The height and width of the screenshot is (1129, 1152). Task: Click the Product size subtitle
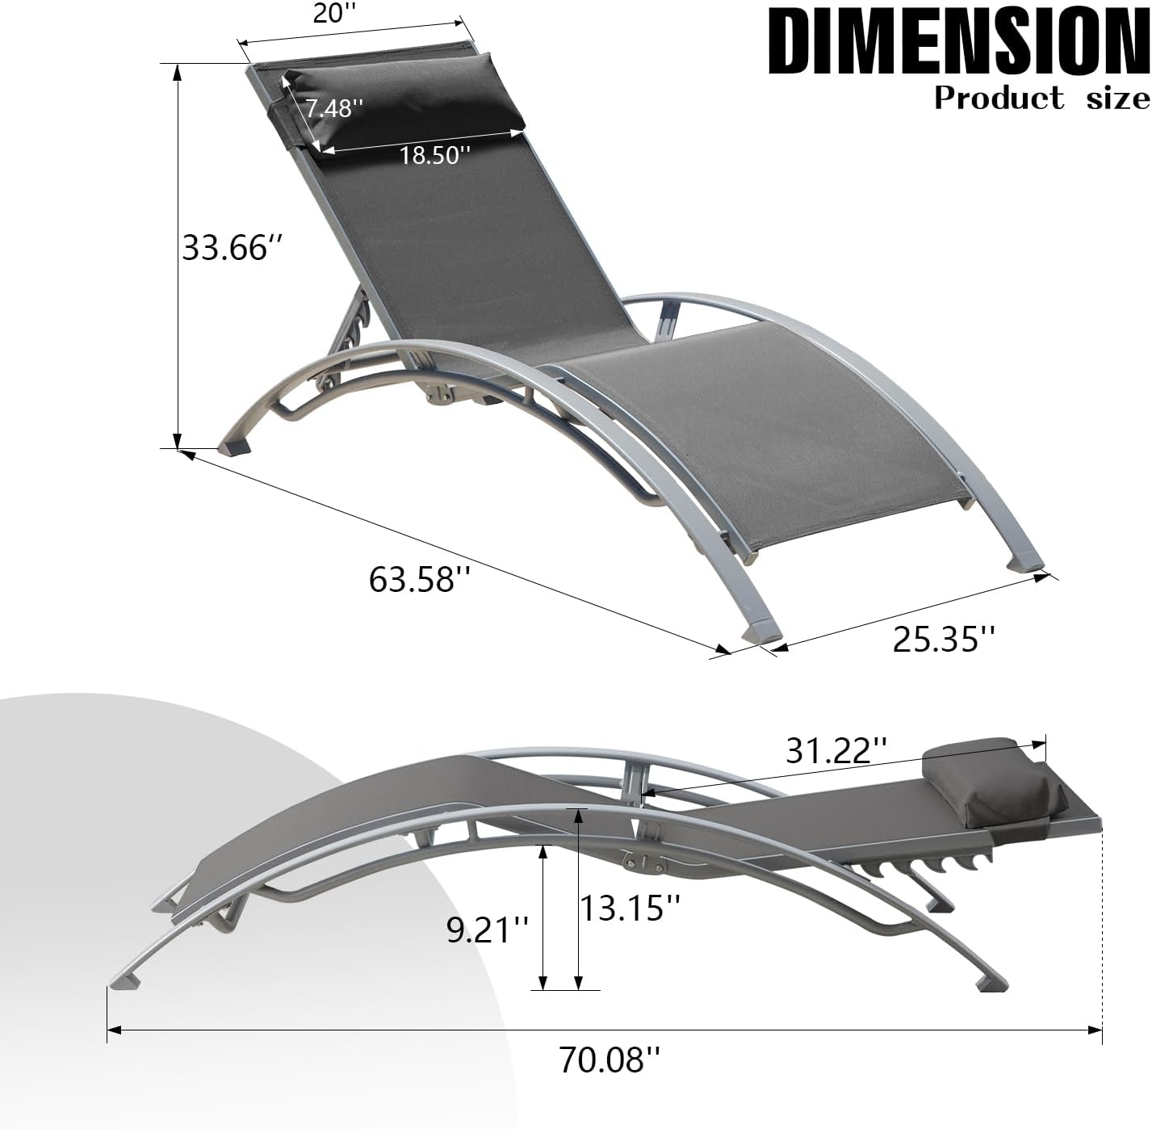coord(1041,99)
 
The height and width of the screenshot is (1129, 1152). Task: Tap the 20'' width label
coord(329,15)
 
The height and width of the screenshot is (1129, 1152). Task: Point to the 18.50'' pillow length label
coord(435,154)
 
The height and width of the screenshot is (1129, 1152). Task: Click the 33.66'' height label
coord(225,247)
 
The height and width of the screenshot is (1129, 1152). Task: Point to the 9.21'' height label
coord(489,930)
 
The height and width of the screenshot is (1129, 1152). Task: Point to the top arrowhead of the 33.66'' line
coord(177,71)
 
